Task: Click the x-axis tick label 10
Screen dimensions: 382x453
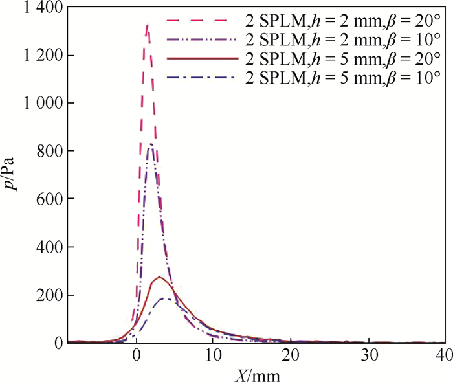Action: [213, 355]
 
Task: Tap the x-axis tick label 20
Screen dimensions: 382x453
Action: [291, 355]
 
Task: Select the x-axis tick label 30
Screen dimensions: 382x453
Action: [368, 355]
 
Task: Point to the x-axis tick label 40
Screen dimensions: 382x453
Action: [444, 355]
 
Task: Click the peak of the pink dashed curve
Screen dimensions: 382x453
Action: [148, 25]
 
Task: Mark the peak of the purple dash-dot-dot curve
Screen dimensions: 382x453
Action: [150, 144]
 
